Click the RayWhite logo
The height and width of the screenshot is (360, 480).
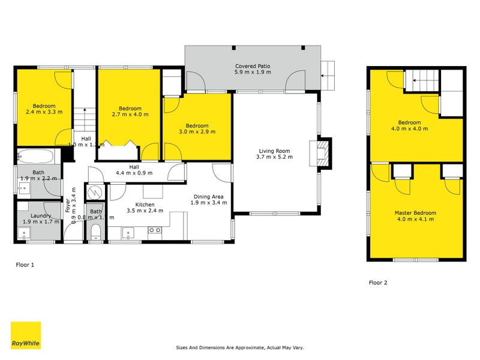point(26,335)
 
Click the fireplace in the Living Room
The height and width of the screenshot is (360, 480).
point(323,154)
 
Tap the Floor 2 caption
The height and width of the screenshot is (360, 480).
point(377,282)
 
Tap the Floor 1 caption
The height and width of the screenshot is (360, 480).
point(25,264)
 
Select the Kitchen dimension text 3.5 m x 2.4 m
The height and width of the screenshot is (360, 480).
point(145,211)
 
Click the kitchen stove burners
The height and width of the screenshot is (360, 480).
point(154,230)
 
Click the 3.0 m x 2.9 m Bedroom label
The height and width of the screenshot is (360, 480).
point(197,129)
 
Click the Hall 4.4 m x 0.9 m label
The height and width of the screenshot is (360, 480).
point(134,170)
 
